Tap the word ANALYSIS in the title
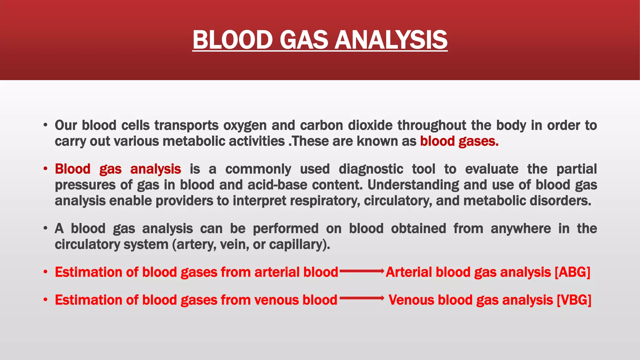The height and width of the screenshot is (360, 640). pyautogui.click(x=391, y=40)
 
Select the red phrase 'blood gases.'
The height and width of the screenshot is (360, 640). pyautogui.click(x=459, y=141)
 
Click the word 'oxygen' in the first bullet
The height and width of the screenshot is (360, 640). pyautogui.click(x=245, y=125)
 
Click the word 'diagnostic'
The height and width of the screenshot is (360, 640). pyautogui.click(x=371, y=169)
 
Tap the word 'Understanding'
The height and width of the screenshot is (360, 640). pyautogui.click(x=413, y=185)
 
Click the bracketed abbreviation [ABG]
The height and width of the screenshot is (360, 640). pyautogui.click(x=572, y=272)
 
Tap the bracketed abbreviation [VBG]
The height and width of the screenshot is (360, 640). pyautogui.click(x=574, y=300)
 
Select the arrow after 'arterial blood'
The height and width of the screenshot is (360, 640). pyautogui.click(x=362, y=271)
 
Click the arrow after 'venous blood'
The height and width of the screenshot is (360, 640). pyautogui.click(x=362, y=298)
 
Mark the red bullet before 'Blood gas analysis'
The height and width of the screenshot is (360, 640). pyautogui.click(x=46, y=169)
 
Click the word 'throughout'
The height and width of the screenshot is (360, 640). pyautogui.click(x=432, y=125)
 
